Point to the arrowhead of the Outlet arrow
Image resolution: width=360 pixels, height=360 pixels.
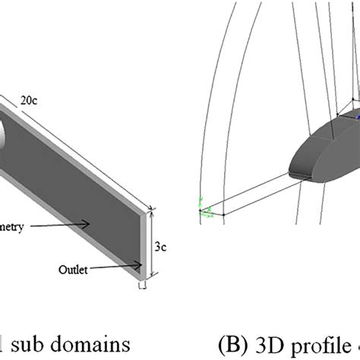pos(140,264)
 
